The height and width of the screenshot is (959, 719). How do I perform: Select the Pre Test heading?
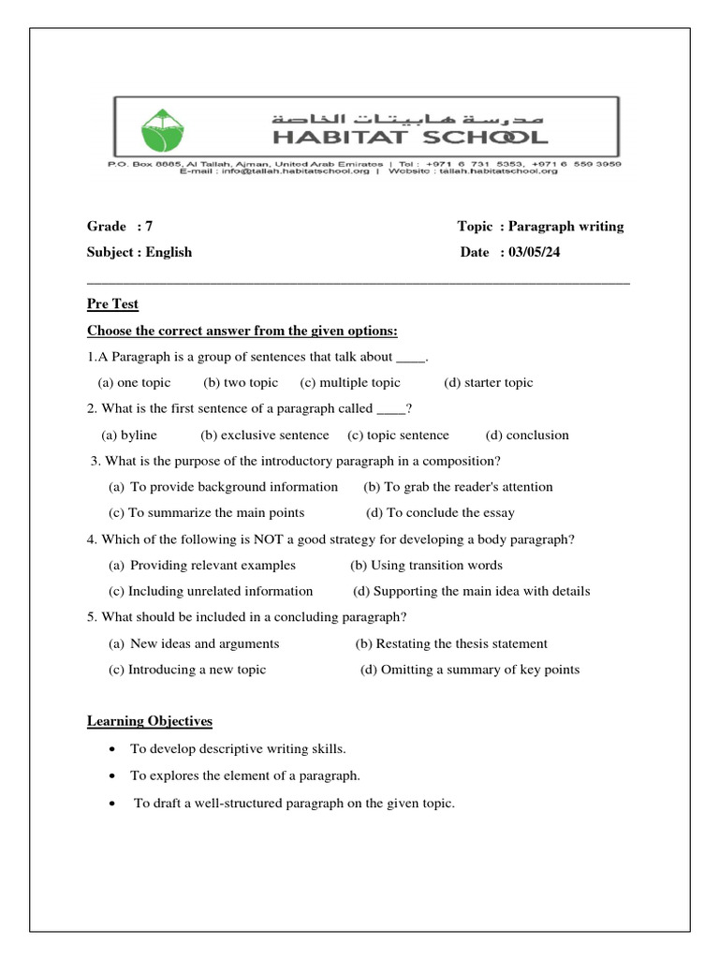(112, 304)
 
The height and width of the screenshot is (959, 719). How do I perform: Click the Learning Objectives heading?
(150, 721)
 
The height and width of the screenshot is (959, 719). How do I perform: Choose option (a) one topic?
(134, 382)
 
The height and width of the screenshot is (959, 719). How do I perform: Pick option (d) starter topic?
(488, 382)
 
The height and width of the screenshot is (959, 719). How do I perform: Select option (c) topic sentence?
(398, 435)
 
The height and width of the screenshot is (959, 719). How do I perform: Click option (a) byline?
(129, 435)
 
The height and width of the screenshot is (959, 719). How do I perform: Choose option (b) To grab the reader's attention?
(458, 487)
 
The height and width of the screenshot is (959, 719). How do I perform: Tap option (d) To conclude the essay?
(440, 512)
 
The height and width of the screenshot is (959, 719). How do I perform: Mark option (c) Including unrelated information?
(211, 591)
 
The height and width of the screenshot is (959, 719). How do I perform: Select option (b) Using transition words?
(426, 565)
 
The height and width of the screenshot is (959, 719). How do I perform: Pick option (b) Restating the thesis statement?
(451, 643)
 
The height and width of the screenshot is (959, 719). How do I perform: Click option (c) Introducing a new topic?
(187, 670)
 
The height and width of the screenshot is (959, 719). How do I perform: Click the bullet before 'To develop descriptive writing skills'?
(112, 750)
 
